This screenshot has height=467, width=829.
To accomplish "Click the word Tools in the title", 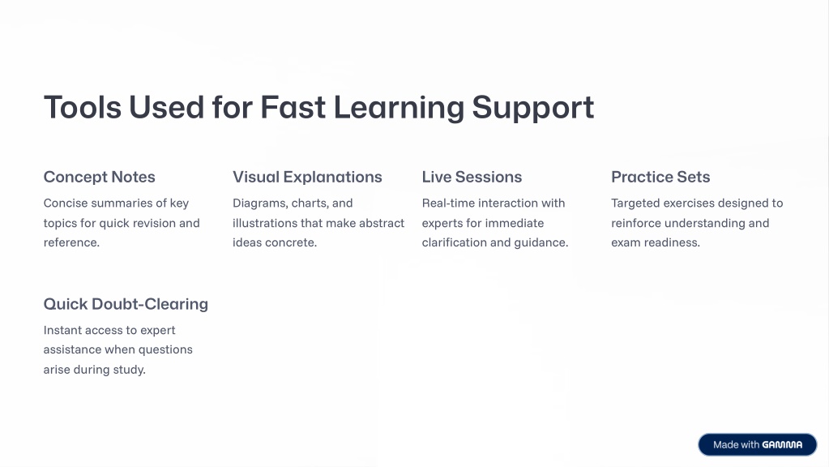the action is tap(83, 107).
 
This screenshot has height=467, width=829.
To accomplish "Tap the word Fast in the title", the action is tap(293, 107).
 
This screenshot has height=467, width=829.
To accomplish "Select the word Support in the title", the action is tap(533, 109).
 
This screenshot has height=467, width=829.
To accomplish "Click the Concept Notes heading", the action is tap(100, 178).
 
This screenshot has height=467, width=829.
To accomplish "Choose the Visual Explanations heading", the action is tap(307, 178).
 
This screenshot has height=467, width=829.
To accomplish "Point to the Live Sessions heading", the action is tap(472, 178).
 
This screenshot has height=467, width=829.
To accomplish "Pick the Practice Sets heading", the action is tap(660, 178).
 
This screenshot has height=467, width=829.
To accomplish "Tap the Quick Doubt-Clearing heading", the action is tap(126, 304).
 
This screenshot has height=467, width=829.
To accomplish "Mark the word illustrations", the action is tap(265, 223).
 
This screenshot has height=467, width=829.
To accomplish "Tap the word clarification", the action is tap(454, 242).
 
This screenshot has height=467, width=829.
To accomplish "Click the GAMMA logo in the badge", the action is tap(782, 445).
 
